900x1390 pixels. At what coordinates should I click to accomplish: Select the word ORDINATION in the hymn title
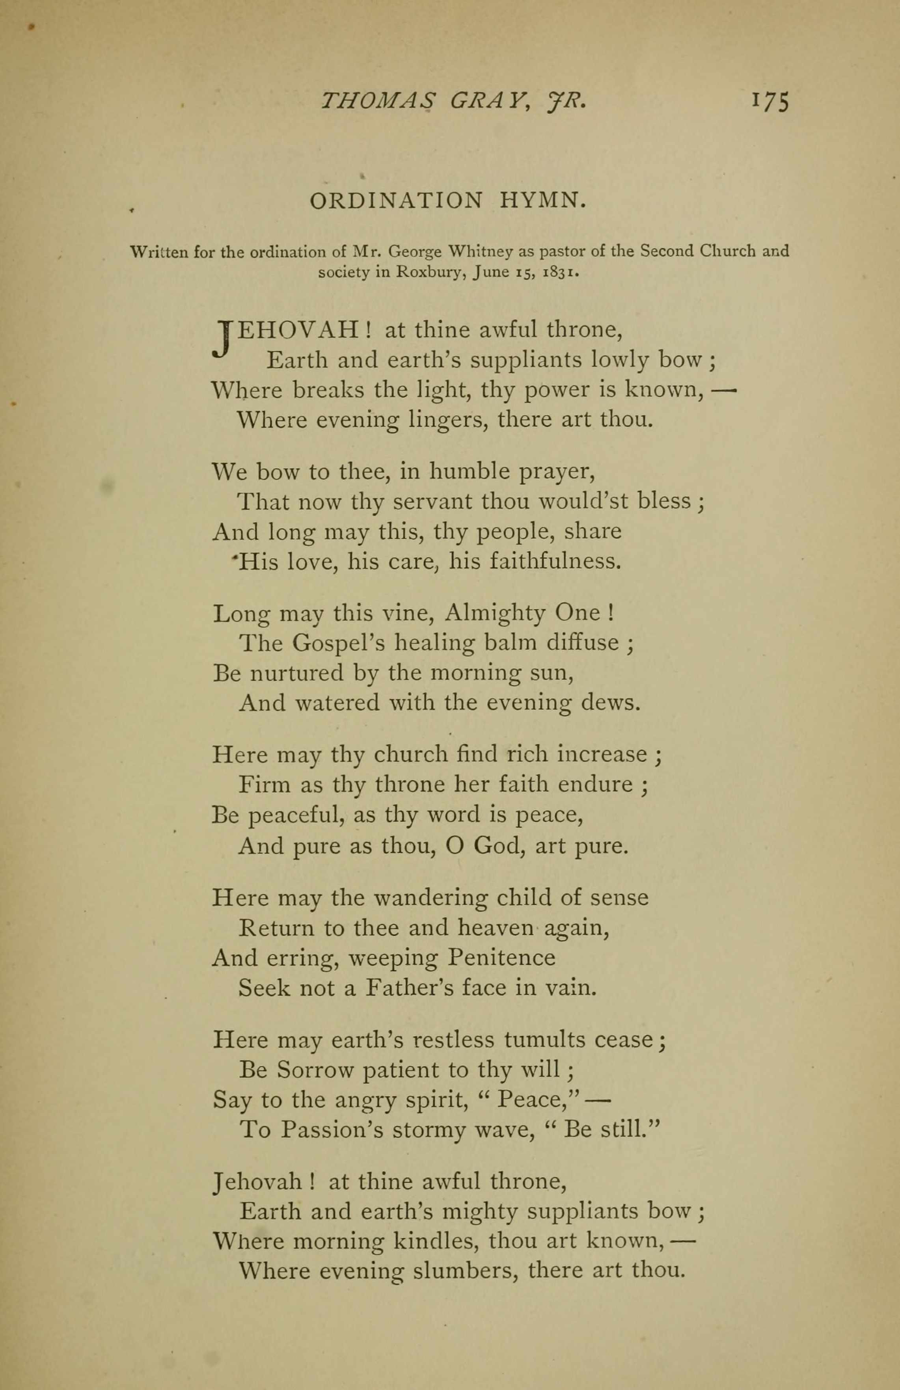point(396,201)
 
